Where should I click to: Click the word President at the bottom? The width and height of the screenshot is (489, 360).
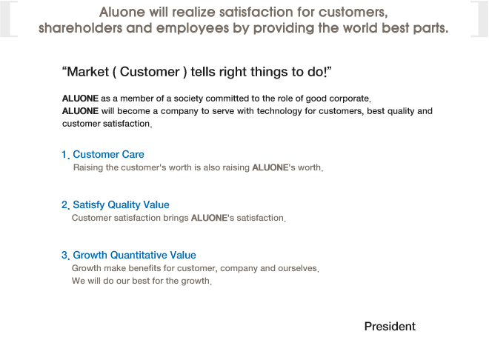click(x=390, y=327)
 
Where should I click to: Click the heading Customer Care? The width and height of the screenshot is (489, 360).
click(x=108, y=154)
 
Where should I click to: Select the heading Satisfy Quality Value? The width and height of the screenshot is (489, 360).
click(x=121, y=204)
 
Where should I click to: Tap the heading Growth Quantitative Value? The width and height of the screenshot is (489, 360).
click(x=134, y=255)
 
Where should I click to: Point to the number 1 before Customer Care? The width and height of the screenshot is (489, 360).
click(x=64, y=154)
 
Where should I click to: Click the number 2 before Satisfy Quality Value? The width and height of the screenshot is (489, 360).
click(x=64, y=204)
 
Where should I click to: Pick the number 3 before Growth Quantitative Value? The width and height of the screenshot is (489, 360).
click(x=64, y=256)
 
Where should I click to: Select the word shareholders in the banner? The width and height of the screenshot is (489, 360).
click(x=81, y=28)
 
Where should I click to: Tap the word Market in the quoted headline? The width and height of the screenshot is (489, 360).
click(x=88, y=72)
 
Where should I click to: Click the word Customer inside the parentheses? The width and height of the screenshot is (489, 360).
click(x=150, y=72)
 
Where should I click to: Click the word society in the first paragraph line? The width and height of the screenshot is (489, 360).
click(x=188, y=99)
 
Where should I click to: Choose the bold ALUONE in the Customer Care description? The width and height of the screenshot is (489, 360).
click(x=270, y=167)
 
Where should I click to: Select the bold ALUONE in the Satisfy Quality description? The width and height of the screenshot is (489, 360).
click(x=209, y=218)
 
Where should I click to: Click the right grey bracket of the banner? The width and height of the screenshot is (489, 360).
click(x=479, y=19)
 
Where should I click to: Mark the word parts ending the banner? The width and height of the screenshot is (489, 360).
click(x=430, y=28)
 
